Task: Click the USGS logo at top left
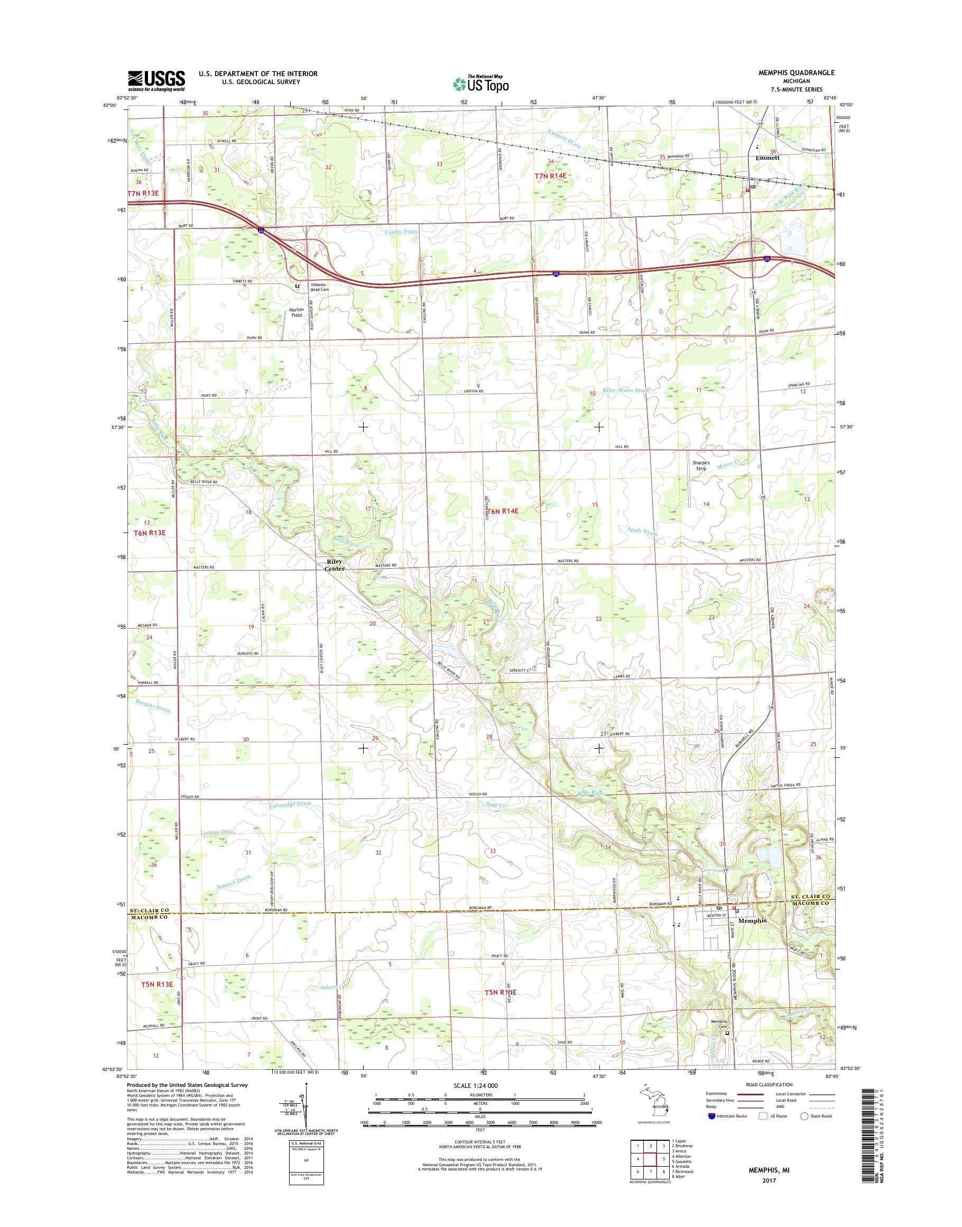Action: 156,80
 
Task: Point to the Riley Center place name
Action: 334,565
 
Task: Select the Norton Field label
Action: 296,312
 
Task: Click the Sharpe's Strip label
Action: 701,465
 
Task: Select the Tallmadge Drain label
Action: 290,804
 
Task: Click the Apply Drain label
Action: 642,531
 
